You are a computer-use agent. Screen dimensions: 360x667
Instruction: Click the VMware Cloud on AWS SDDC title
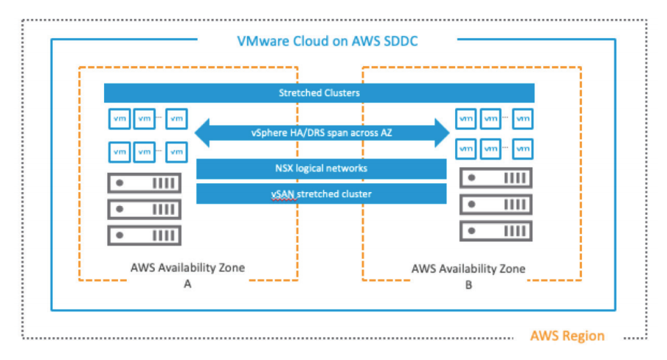(327, 41)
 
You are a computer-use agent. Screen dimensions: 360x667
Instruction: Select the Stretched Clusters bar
(319, 93)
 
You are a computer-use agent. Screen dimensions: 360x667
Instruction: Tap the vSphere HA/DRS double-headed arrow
(322, 133)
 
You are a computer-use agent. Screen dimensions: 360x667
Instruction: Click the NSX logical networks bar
(322, 169)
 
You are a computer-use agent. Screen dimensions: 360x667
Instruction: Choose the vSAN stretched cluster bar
(322, 194)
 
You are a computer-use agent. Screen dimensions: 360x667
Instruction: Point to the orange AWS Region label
(568, 336)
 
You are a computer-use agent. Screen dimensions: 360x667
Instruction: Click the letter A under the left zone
(188, 285)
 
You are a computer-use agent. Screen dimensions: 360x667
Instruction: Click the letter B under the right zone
(468, 285)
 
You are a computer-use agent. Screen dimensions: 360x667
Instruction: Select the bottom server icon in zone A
(144, 235)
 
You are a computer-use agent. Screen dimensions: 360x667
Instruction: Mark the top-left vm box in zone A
(119, 117)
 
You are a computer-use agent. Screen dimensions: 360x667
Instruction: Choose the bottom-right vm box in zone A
(176, 151)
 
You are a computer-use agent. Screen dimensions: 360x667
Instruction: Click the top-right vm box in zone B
(523, 117)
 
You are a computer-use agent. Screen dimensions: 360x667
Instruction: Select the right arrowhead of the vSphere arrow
(440, 133)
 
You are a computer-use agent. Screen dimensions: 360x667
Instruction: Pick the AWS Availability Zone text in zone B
(468, 268)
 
